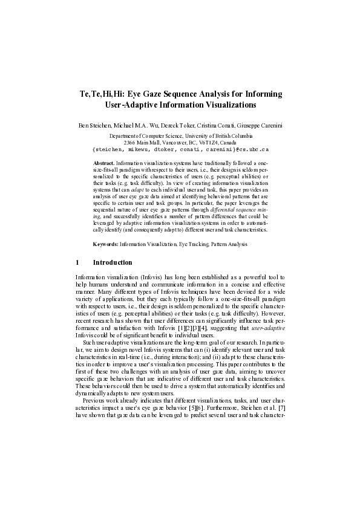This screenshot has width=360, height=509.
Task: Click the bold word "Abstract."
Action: [106, 163]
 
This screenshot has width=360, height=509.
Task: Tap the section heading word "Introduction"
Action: [113, 262]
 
